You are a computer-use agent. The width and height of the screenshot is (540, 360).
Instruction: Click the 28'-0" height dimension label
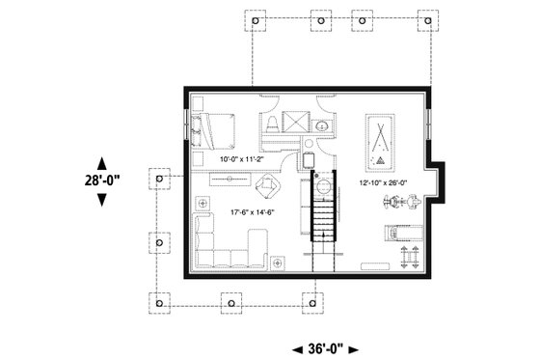[103, 180]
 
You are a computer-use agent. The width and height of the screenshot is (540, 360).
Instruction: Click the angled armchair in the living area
[267, 185]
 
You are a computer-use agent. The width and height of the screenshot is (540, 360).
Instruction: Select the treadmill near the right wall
[396, 232]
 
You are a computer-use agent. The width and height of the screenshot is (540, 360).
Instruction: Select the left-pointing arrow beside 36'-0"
[297, 348]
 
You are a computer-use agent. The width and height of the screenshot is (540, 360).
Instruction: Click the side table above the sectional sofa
[204, 204]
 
